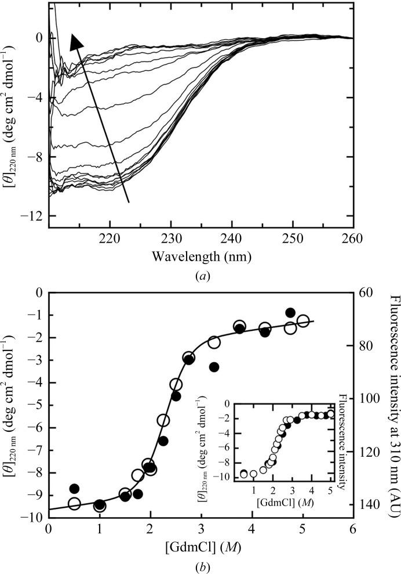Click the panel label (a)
[200, 277]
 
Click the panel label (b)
[200, 562]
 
